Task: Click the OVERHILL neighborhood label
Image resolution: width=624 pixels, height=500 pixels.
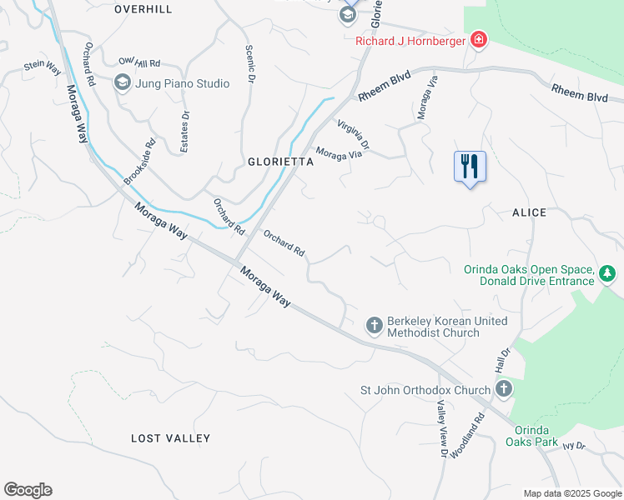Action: (x=143, y=9)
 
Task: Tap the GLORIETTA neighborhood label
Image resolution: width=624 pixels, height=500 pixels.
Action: (x=280, y=162)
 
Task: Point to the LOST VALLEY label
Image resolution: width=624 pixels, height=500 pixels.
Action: (x=171, y=438)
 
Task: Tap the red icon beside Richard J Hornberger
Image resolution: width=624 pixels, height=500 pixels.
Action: (x=478, y=40)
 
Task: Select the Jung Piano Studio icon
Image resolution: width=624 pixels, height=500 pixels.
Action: (x=122, y=82)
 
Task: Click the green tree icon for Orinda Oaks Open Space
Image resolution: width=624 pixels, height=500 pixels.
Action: (x=608, y=273)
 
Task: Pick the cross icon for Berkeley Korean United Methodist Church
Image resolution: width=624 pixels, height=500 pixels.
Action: (x=375, y=324)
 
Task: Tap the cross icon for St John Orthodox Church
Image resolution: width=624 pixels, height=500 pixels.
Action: (x=503, y=389)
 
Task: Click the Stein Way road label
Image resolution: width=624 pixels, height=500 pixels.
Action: (x=43, y=65)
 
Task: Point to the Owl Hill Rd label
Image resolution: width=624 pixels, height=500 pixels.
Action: (x=139, y=62)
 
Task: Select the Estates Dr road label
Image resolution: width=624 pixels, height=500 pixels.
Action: (x=185, y=132)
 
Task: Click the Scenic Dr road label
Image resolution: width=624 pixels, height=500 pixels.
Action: (x=249, y=64)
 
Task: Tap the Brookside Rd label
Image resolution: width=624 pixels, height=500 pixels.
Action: (x=140, y=161)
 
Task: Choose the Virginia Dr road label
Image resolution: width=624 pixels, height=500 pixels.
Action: (x=354, y=135)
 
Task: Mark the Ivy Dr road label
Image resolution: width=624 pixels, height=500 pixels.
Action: (x=574, y=447)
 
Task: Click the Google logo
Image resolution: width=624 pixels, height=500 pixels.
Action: (x=28, y=490)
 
